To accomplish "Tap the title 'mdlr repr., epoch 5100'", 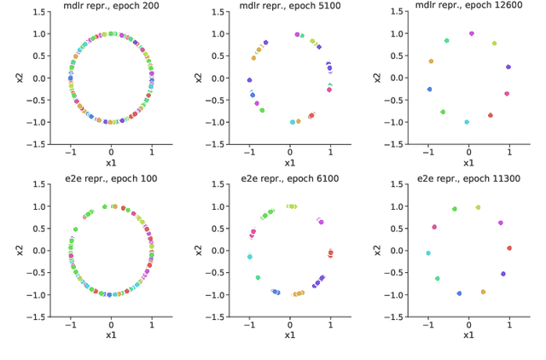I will pyautogui.click(x=290, y=5).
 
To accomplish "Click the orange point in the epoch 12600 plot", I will pyautogui.click(x=431, y=61).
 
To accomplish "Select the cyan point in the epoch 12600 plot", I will pyautogui.click(x=467, y=122).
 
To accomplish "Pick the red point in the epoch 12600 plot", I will pyautogui.click(x=491, y=115).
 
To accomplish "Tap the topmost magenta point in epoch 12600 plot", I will pyautogui.click(x=472, y=34).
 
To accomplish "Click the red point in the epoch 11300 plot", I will pyautogui.click(x=509, y=248).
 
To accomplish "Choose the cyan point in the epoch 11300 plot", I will pyautogui.click(x=428, y=253).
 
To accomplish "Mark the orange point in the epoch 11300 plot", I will pyautogui.click(x=483, y=292).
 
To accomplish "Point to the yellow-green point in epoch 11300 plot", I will pyautogui.click(x=478, y=207).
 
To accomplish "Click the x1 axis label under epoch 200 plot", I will pyautogui.click(x=111, y=161).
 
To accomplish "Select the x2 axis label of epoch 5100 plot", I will pyautogui.click(x=200, y=78).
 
